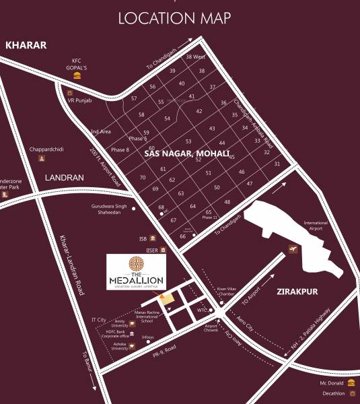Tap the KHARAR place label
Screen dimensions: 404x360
click(x=26, y=45)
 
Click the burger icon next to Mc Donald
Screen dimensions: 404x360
click(x=351, y=382)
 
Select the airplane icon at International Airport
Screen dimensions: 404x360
click(x=293, y=250)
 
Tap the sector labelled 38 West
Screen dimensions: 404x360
click(x=195, y=57)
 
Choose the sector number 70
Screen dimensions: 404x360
click(x=143, y=177)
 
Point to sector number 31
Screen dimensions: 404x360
click(x=277, y=164)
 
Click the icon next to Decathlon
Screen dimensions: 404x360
click(x=351, y=393)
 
